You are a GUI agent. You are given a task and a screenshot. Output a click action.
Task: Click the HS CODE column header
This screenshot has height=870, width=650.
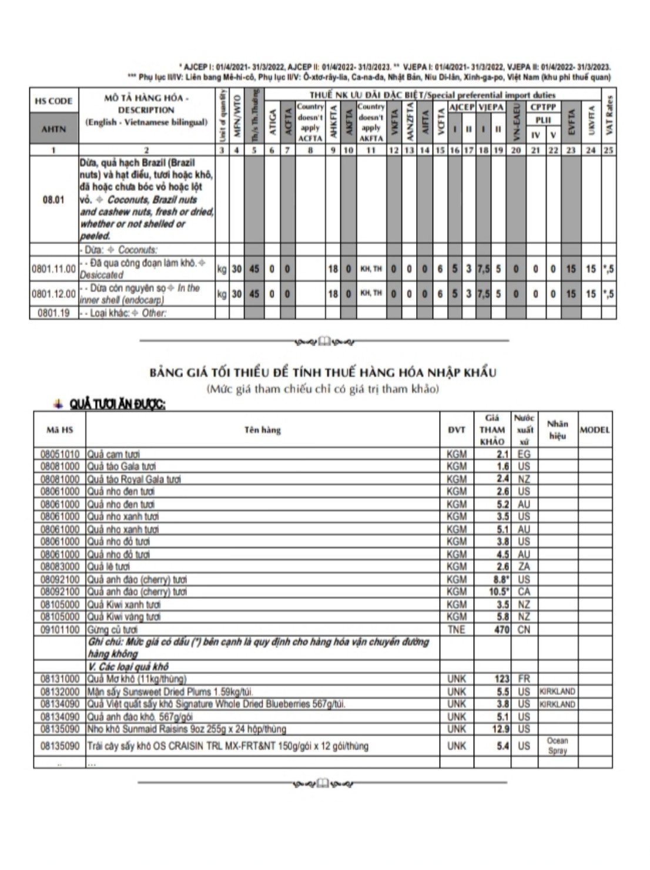tap(53, 101)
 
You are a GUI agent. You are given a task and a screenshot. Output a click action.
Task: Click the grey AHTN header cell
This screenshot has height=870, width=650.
tap(53, 129)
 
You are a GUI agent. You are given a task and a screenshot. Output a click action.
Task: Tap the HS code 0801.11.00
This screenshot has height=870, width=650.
tap(53, 269)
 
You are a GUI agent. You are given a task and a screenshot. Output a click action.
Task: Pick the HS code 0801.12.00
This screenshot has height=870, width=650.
tap(53, 294)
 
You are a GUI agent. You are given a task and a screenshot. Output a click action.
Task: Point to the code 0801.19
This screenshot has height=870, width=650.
tap(53, 313)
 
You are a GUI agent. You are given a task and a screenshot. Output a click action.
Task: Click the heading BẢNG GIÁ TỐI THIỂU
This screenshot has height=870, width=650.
tap(323, 372)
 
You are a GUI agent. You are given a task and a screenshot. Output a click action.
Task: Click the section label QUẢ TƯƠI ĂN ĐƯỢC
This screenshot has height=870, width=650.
tap(117, 404)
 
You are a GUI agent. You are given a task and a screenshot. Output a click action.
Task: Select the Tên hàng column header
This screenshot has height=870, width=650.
tap(263, 430)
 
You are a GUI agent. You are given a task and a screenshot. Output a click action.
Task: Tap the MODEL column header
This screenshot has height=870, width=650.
tap(595, 430)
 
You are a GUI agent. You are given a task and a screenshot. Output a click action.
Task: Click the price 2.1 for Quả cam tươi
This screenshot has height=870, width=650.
tap(502, 454)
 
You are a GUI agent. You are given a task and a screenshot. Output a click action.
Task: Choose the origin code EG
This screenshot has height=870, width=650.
tap(524, 454)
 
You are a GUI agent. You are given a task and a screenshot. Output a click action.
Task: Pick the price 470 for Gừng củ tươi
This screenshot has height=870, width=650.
tap(501, 630)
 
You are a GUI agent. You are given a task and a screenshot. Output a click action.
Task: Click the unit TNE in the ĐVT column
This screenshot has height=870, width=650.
tap(456, 630)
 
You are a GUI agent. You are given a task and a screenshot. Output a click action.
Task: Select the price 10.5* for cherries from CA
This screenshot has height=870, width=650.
tap(499, 592)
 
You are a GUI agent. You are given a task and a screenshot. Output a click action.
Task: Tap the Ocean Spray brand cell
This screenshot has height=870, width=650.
tap(557, 746)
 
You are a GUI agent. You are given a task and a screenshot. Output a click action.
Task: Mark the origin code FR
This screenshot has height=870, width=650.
tap(524, 679)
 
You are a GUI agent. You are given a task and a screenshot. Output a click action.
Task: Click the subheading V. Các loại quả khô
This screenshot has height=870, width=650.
tap(128, 667)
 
